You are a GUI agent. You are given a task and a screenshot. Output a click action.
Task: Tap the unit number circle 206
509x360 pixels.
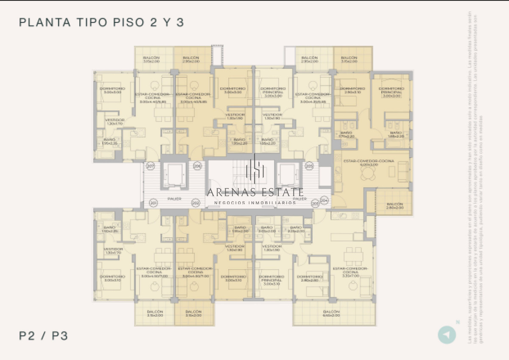197,166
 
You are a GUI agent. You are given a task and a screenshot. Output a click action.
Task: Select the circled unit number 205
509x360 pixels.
309,166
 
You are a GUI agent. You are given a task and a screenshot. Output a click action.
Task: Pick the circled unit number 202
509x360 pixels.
196,203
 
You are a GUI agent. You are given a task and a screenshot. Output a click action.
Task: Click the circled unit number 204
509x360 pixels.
325,199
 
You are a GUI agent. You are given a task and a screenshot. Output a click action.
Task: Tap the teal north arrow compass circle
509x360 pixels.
447,335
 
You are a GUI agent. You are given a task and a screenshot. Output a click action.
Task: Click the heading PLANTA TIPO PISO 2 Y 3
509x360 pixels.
102,22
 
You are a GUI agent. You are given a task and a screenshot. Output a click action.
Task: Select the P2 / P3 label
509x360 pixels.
44,336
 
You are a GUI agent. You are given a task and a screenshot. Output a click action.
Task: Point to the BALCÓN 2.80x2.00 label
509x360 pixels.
394,206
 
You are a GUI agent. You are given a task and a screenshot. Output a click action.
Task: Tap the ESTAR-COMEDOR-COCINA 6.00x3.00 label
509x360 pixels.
369,163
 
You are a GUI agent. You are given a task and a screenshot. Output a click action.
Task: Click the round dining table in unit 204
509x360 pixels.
366,172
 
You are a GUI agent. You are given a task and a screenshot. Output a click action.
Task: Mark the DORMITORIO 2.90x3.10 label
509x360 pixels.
352,90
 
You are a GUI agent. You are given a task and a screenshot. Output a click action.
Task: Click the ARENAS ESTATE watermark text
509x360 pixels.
255,192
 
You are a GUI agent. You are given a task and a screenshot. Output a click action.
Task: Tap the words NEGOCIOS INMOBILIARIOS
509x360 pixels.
255,203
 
